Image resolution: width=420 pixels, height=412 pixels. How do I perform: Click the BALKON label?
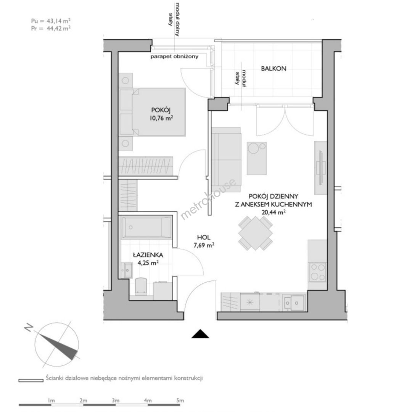point(274,69)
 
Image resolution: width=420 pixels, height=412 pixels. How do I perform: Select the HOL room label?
point(204,237)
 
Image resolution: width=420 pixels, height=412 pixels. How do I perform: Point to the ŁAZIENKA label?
point(148,255)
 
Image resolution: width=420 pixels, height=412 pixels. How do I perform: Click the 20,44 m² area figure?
point(273,212)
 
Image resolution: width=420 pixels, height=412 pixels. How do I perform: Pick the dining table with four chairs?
point(256,233)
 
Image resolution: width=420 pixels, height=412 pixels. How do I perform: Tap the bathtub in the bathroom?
point(146,227)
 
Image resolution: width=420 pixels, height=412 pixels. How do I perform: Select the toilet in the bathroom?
point(141,286)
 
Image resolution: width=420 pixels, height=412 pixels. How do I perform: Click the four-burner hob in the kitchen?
point(318,272)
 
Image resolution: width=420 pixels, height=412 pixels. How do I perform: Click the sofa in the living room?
point(226,160)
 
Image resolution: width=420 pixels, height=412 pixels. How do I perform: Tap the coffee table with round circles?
point(257,158)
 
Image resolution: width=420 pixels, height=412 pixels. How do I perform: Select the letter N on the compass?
point(28,328)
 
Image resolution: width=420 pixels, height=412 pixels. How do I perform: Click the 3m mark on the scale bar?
point(116,401)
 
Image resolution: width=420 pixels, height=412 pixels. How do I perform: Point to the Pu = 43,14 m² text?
point(51,21)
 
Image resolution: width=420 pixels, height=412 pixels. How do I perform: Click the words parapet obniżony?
point(174,56)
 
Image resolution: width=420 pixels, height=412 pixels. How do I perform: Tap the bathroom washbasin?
point(128,270)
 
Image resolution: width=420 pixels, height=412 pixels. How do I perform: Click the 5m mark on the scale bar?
point(180,401)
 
